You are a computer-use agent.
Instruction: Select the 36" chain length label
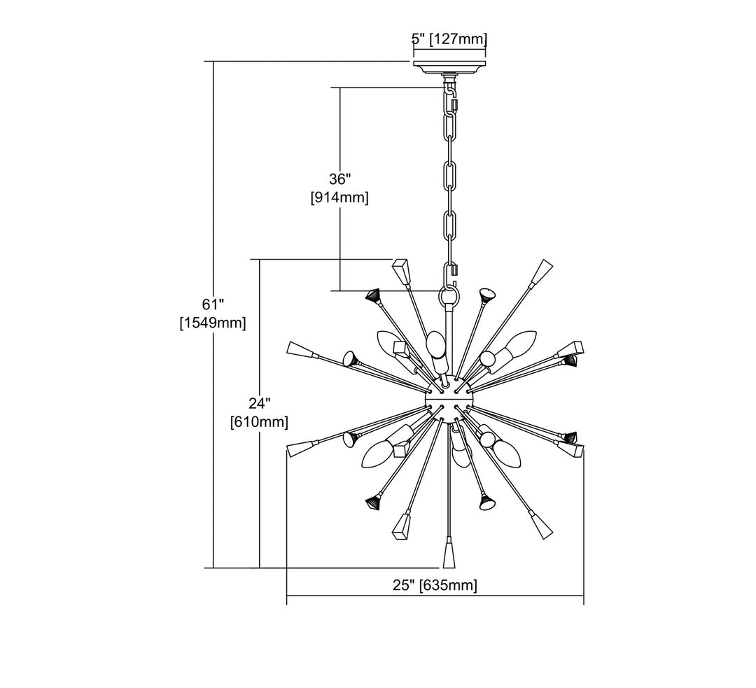pyautogui.click(x=339, y=179)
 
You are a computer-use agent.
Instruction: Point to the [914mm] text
pyautogui.click(x=339, y=197)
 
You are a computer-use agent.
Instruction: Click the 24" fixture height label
pyautogui.click(x=259, y=403)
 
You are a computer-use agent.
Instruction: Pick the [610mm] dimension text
pyautogui.click(x=259, y=422)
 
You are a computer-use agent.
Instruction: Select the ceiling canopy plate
pyautogui.click(x=449, y=69)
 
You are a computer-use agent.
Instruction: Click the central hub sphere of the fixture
pyautogui.click(x=449, y=398)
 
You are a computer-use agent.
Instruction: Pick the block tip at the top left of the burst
pyautogui.click(x=402, y=271)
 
